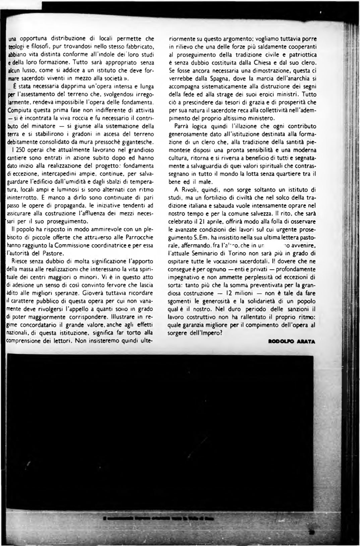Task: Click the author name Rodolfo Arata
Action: click(292, 341)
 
